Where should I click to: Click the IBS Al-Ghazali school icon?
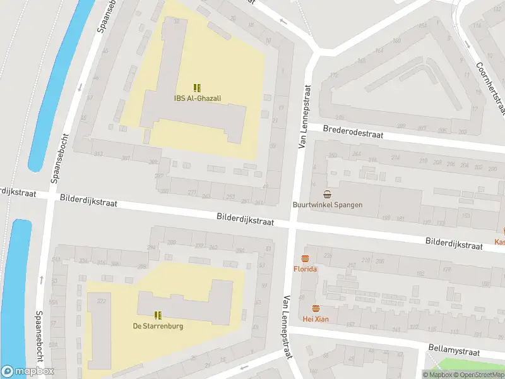pyautogui.click(x=197, y=88)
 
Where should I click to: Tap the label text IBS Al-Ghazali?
pyautogui.click(x=197, y=98)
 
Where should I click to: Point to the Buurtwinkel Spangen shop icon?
pyautogui.click(x=327, y=194)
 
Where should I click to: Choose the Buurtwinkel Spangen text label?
pyautogui.click(x=327, y=205)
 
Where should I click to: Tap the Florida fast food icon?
pyautogui.click(x=305, y=258)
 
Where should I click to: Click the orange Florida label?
pyautogui.click(x=305, y=269)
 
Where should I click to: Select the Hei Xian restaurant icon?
pyautogui.click(x=316, y=308)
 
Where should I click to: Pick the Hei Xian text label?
pyautogui.click(x=316, y=319)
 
